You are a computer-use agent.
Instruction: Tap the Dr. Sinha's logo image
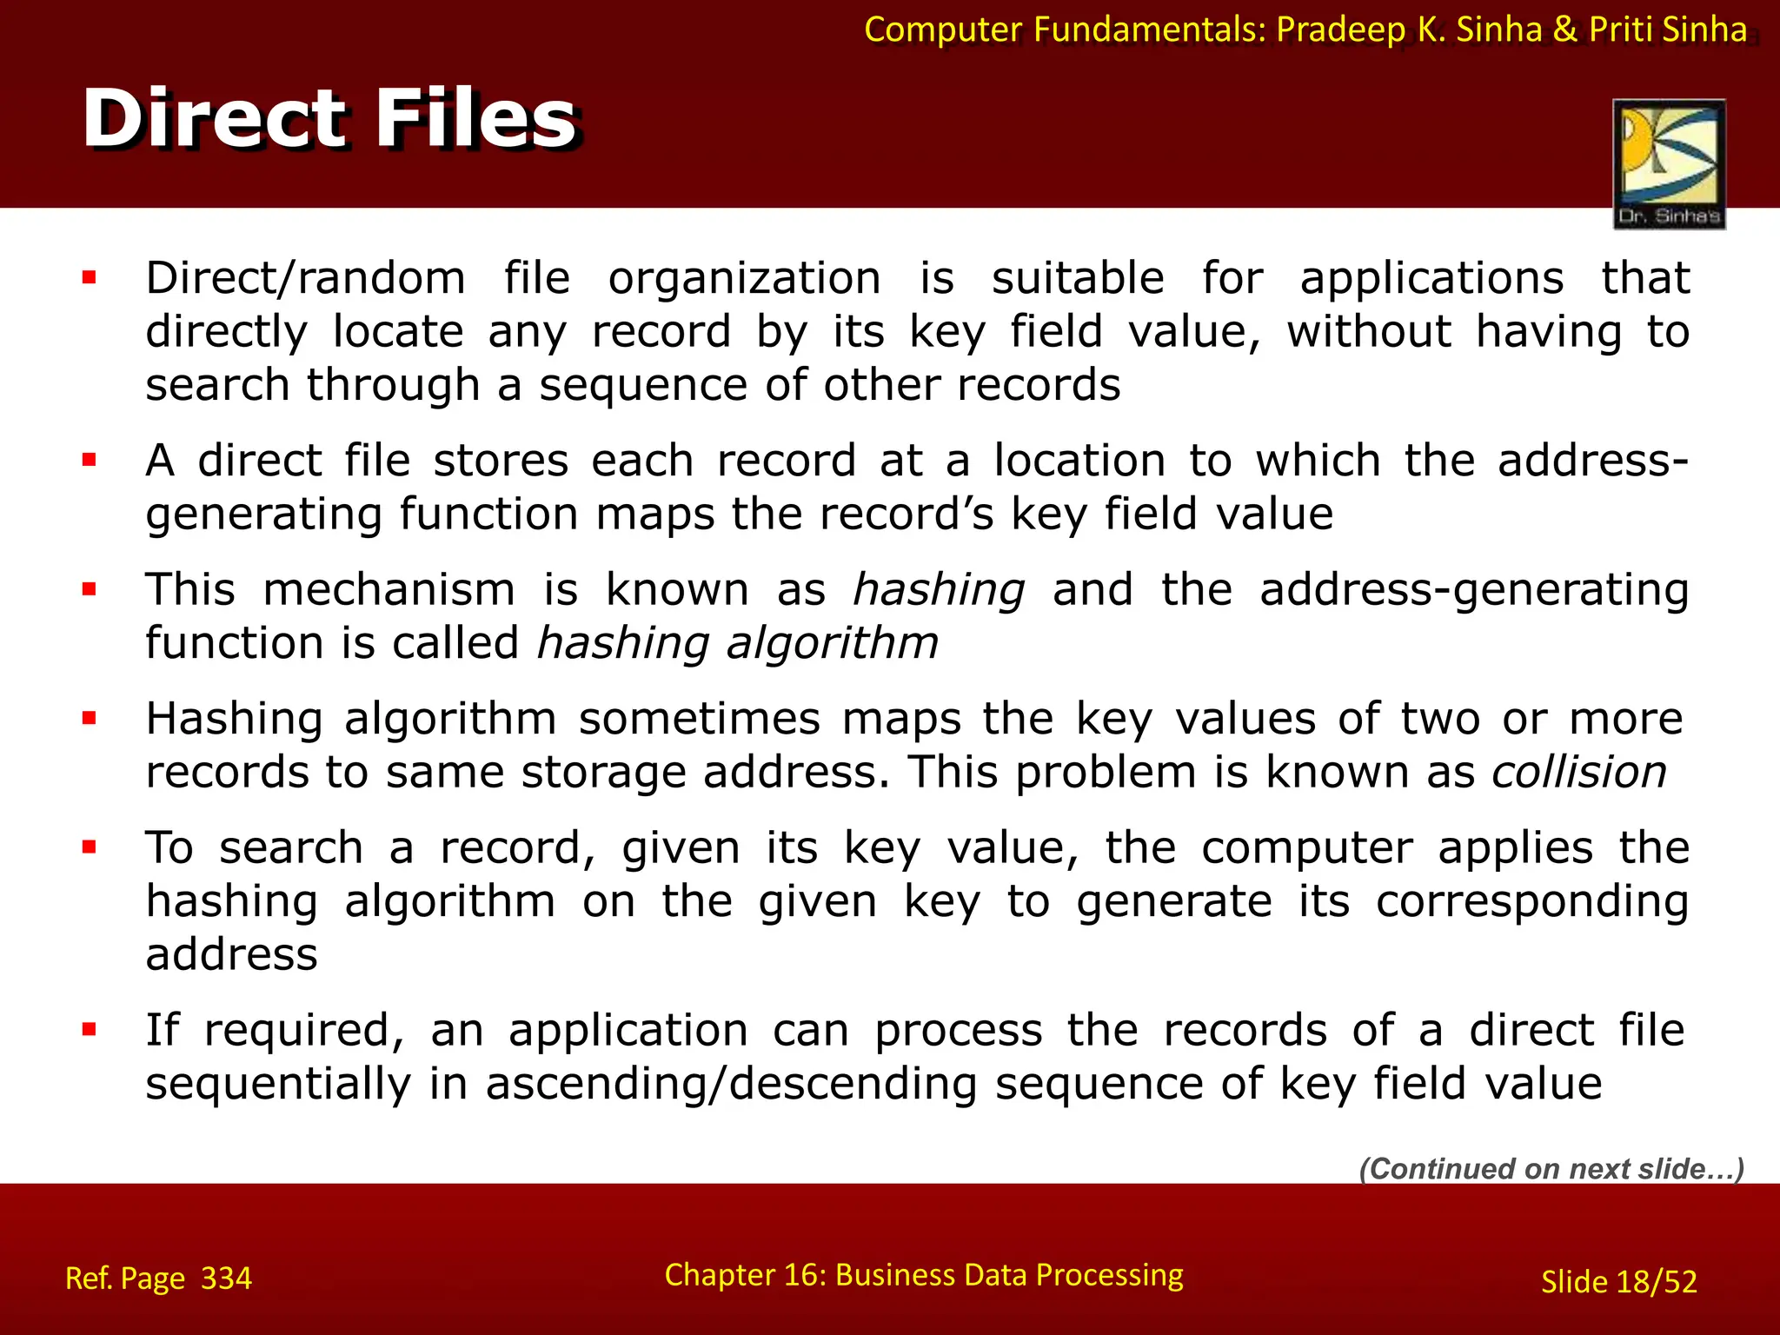point(1669,163)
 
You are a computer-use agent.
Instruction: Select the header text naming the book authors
point(1305,30)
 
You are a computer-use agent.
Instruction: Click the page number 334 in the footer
point(226,1279)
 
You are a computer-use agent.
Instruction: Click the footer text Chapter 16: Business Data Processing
point(923,1275)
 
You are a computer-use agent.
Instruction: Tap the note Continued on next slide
point(1551,1169)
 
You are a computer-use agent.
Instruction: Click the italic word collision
point(1578,773)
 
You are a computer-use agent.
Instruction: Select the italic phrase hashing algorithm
point(737,644)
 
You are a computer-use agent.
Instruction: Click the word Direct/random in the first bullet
point(305,279)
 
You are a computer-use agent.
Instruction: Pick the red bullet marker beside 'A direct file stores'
point(89,460)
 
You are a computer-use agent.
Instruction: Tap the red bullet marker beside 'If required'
point(89,1030)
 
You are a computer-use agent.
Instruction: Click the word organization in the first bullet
point(744,279)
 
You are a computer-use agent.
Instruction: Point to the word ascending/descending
point(730,1085)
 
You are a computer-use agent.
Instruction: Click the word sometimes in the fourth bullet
point(699,720)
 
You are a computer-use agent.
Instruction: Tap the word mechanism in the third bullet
point(389,590)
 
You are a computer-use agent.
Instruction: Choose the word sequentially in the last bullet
point(277,1085)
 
